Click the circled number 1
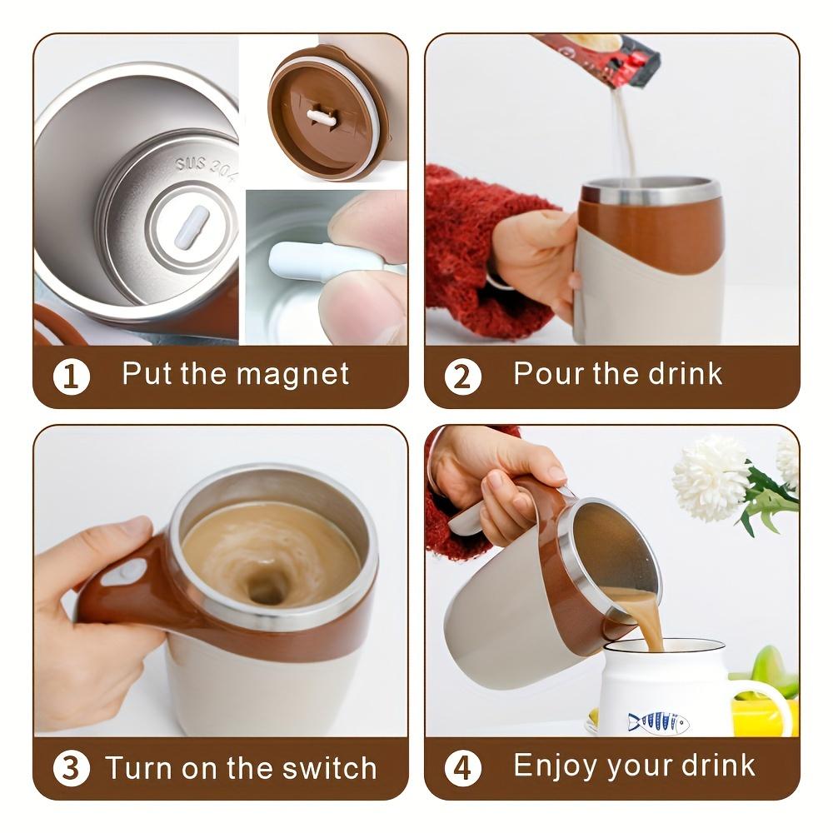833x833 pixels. [72, 377]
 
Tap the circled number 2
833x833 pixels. [462, 377]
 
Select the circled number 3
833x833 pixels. [72, 768]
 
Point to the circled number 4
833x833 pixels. [462, 768]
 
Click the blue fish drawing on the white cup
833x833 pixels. [658, 721]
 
